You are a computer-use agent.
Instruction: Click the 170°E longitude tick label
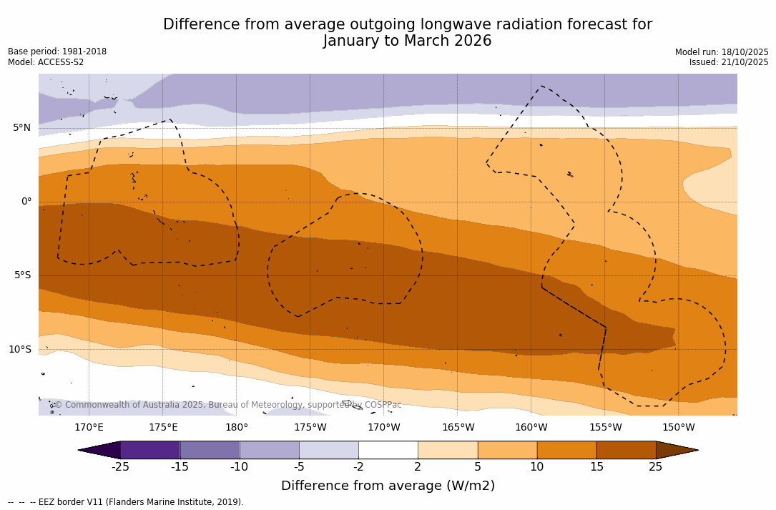tap(89, 428)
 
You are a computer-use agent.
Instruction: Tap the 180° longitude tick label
tap(237, 428)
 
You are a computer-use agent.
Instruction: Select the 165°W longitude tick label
tap(458, 428)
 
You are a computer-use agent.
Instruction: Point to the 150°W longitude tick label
tap(678, 428)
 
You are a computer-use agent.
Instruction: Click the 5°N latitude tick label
tap(21, 128)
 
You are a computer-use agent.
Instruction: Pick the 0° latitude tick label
tap(26, 202)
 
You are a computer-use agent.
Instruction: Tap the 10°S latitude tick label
tap(20, 350)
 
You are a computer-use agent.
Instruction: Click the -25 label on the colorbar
tap(120, 467)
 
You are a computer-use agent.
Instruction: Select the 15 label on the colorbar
tap(596, 467)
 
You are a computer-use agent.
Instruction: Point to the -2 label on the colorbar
tap(358, 467)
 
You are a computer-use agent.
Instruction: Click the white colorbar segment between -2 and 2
tap(388, 450)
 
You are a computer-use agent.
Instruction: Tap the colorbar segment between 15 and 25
tap(626, 450)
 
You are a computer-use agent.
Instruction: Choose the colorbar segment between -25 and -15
tap(150, 450)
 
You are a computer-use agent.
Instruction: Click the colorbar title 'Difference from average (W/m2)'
tap(388, 486)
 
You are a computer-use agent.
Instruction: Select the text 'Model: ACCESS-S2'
tap(46, 62)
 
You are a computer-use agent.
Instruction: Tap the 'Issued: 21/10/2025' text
tap(729, 62)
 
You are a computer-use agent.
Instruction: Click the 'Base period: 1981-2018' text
tap(57, 52)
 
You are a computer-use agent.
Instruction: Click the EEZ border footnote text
tap(126, 502)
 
